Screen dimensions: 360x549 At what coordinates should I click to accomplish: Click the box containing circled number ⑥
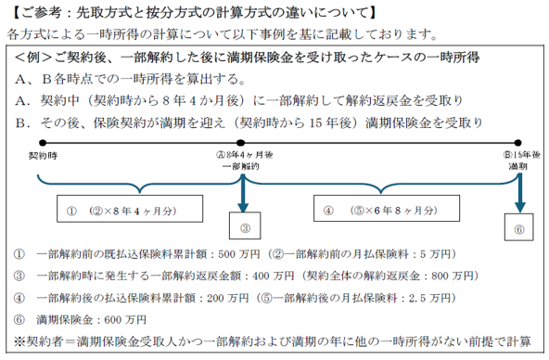[519, 228]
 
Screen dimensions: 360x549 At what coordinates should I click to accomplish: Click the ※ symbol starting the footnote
[20, 341]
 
